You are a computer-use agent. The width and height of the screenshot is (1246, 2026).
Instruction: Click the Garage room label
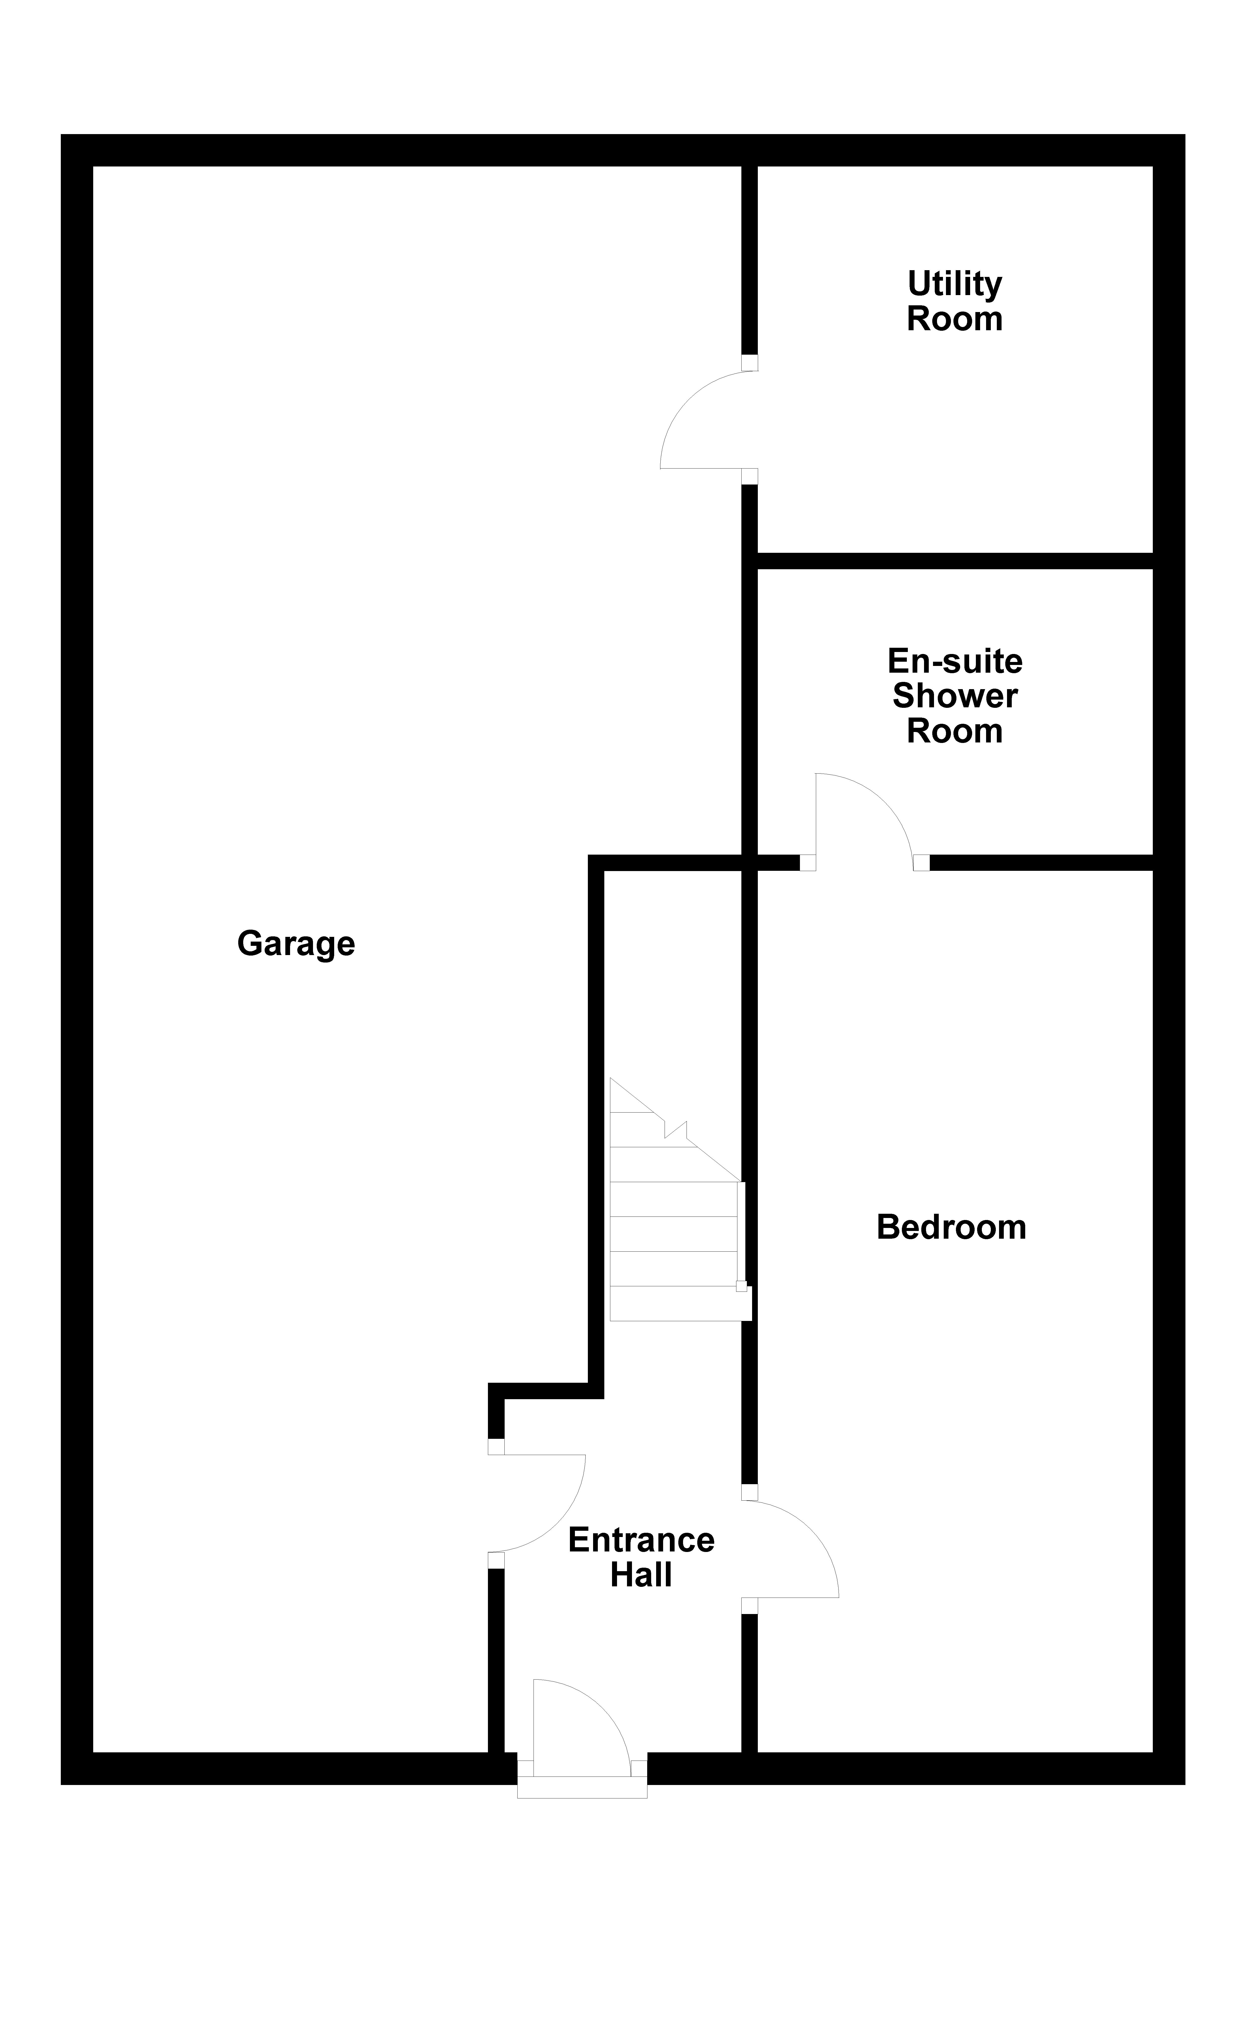(x=296, y=943)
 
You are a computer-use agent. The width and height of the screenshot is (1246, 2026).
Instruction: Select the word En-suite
(x=954, y=661)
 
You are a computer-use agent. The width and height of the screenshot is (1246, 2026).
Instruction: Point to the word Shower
(x=954, y=696)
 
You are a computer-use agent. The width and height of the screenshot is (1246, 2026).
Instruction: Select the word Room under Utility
(x=954, y=320)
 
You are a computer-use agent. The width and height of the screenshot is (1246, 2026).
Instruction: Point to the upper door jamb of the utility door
(x=749, y=363)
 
